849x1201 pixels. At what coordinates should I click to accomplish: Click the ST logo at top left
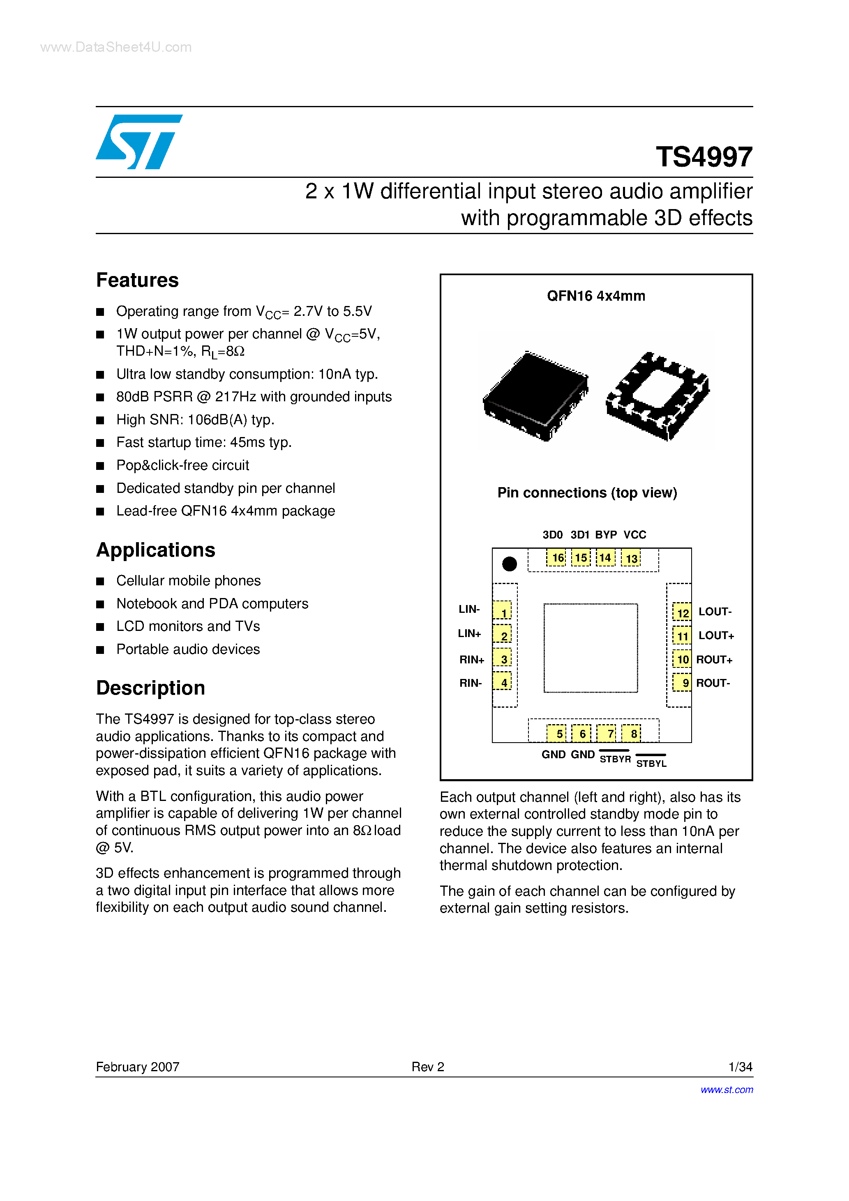(x=139, y=142)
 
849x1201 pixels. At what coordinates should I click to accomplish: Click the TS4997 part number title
(x=704, y=156)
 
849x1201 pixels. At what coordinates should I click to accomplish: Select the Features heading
(x=137, y=281)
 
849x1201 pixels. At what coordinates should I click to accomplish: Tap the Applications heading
(x=155, y=550)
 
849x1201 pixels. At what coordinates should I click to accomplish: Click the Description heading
(x=150, y=688)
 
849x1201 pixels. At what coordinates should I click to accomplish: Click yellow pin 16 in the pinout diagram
(x=556, y=558)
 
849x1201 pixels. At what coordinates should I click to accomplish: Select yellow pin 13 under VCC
(x=631, y=558)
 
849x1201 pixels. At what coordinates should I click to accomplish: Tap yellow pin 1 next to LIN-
(x=503, y=612)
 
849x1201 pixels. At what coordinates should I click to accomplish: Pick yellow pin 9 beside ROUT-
(x=683, y=683)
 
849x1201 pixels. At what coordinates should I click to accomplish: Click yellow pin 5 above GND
(x=557, y=733)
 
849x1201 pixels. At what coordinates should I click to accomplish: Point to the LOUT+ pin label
(x=716, y=635)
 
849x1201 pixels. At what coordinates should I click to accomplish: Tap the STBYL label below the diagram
(x=651, y=763)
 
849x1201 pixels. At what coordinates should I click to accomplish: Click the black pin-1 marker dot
(x=509, y=564)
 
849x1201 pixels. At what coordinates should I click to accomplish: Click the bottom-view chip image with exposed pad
(x=658, y=396)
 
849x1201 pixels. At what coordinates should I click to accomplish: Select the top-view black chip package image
(x=535, y=396)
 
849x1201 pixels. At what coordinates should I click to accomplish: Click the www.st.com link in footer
(x=727, y=1090)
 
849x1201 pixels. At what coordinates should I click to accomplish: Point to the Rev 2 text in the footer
(x=428, y=1067)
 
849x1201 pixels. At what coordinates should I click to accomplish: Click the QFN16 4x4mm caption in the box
(x=596, y=296)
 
